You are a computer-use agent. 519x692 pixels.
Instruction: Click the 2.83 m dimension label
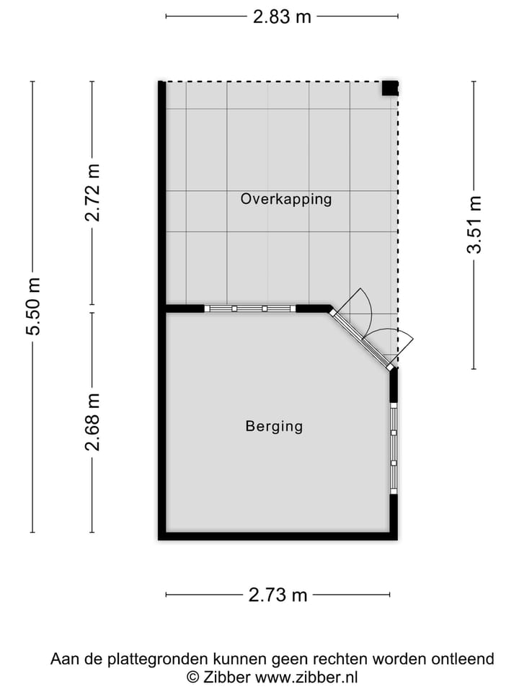(282, 17)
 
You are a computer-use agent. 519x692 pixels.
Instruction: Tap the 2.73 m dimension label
(278, 595)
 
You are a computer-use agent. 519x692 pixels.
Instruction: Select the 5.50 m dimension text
(33, 306)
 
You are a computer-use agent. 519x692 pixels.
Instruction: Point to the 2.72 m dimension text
(92, 193)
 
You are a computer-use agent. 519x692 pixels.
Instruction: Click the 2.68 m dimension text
(92, 422)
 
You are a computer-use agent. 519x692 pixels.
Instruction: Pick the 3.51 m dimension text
(474, 224)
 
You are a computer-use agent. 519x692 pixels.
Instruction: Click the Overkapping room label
(286, 199)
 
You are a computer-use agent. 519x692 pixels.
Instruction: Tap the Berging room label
(274, 426)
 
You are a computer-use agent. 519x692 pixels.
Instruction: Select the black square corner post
(390, 88)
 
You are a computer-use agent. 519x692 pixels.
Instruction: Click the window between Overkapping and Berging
(250, 309)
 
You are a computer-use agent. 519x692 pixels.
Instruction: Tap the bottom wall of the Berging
(278, 536)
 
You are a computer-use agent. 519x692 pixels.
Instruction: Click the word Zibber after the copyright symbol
(227, 677)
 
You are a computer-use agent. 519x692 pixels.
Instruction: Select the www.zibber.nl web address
(306, 677)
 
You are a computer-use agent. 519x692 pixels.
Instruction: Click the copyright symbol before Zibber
(192, 677)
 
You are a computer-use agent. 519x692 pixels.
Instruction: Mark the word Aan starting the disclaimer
(63, 659)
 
